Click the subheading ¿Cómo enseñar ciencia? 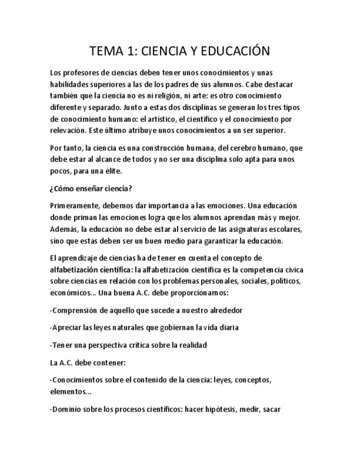pos(91,188)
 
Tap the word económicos pos(69,293)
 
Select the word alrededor pos(221,310)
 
